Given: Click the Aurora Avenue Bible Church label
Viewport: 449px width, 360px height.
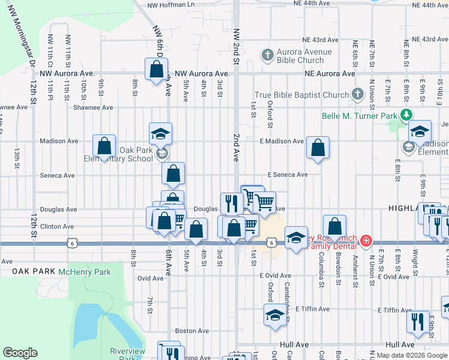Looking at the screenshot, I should [x=304, y=56].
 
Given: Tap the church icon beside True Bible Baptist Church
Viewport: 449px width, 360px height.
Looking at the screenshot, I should [x=358, y=94].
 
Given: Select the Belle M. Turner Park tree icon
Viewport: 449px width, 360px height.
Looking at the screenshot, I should [x=408, y=114].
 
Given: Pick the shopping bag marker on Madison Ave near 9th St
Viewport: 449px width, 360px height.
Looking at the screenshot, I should [x=104, y=146].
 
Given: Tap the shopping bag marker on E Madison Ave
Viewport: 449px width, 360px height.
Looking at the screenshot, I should [x=318, y=148].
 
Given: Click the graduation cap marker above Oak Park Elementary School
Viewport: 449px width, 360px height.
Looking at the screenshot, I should [x=160, y=134].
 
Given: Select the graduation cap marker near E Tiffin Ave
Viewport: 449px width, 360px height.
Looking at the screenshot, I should [x=275, y=314].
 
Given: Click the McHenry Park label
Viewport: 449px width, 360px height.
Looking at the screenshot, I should [x=85, y=272].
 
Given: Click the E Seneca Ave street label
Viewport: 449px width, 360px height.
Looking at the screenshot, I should [x=288, y=175].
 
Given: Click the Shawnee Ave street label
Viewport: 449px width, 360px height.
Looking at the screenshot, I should [x=93, y=108].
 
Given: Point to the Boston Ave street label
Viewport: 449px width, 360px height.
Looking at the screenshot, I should [x=191, y=331].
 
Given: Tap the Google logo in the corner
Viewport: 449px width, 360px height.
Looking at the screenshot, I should [x=20, y=353].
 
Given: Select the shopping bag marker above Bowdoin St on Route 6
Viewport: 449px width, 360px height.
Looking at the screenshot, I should [x=335, y=226].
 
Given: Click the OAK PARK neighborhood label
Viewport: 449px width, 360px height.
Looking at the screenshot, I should [x=32, y=272].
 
